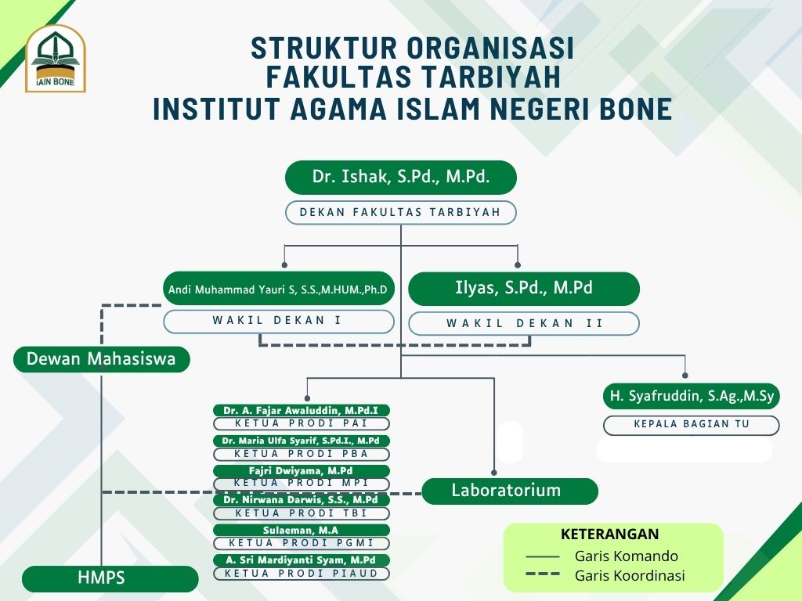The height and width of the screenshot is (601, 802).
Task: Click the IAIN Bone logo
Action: (x=55, y=59)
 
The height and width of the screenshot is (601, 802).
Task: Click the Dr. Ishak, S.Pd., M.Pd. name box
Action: (x=401, y=178)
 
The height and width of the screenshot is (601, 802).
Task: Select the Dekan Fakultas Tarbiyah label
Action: (x=401, y=212)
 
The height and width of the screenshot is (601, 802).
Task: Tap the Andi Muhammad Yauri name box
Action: (x=279, y=290)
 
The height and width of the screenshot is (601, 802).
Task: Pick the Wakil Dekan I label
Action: (x=279, y=321)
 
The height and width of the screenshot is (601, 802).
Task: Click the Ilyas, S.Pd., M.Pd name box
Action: (x=524, y=288)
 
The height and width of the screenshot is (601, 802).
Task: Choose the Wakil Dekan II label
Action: (x=524, y=323)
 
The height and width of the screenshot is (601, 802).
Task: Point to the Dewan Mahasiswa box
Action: (x=101, y=359)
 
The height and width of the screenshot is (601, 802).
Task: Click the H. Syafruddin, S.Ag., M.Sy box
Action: (x=692, y=397)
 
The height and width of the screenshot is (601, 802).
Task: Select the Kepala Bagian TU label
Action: (x=692, y=425)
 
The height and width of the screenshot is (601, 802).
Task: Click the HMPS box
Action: (x=110, y=579)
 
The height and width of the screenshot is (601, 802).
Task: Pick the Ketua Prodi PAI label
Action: (x=302, y=423)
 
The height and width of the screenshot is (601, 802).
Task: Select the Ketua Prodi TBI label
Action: (x=302, y=513)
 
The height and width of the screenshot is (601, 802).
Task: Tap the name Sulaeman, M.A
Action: (x=302, y=531)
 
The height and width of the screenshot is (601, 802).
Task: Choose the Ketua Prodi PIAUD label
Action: (x=302, y=574)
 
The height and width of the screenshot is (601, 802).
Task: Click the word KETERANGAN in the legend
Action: (x=610, y=534)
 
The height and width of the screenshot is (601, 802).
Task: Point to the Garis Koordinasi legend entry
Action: (x=630, y=576)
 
